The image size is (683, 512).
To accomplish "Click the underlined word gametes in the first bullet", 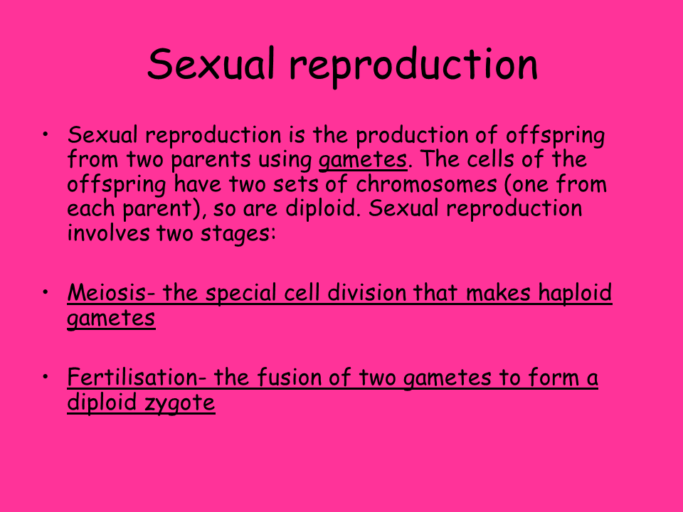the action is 363,160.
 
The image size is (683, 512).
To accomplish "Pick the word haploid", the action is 575,293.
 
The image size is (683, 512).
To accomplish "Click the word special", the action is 241,293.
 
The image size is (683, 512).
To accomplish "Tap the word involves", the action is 108,233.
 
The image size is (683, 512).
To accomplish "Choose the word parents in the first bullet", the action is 211,160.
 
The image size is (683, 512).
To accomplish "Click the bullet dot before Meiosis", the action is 46,292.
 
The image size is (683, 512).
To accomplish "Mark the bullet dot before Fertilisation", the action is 46,377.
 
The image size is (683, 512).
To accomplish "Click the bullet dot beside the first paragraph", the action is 46,134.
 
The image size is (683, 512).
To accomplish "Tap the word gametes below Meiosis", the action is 111,319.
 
